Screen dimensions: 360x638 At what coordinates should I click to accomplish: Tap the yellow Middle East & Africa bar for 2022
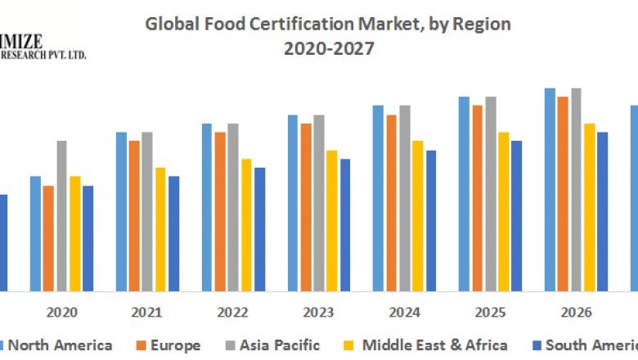tap(246, 224)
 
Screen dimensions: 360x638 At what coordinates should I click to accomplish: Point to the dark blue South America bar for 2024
tap(431, 220)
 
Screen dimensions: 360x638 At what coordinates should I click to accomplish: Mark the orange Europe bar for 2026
tap(564, 193)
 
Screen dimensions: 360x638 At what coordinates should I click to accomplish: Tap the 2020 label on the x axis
tap(61, 313)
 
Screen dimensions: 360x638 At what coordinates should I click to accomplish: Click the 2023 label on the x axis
tap(318, 313)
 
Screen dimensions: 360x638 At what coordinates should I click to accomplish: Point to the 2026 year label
tap(576, 313)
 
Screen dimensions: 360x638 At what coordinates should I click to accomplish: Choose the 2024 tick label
tap(404, 313)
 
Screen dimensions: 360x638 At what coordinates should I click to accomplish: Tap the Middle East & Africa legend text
tap(434, 345)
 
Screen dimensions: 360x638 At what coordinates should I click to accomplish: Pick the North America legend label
tap(60, 345)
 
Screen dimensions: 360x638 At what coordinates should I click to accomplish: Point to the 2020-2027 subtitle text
tap(328, 49)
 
